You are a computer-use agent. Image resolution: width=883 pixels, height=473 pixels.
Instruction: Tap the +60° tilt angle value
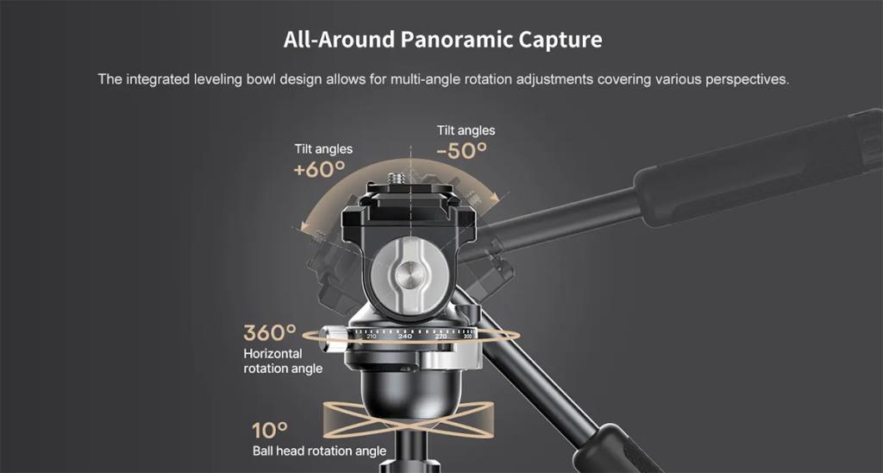tap(319, 169)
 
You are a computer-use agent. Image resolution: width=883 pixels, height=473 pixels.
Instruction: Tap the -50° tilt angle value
tap(462, 150)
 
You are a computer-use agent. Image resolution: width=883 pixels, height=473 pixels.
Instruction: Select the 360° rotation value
tap(270, 332)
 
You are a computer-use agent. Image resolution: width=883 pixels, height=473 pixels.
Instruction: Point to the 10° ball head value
tap(269, 431)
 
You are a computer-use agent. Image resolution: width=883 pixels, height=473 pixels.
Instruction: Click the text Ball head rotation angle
tap(319, 451)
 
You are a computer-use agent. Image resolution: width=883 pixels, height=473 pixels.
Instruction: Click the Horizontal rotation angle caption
tap(283, 361)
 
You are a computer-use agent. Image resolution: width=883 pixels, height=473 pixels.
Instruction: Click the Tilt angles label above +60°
tap(323, 148)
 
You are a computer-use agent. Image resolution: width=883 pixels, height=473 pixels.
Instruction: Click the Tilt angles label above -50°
tap(466, 130)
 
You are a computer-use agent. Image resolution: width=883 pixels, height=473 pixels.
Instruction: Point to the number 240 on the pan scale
tap(405, 337)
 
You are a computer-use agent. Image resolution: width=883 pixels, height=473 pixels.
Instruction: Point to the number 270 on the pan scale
tap(441, 337)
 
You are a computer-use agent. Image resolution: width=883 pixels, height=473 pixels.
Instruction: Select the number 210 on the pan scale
tap(371, 337)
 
